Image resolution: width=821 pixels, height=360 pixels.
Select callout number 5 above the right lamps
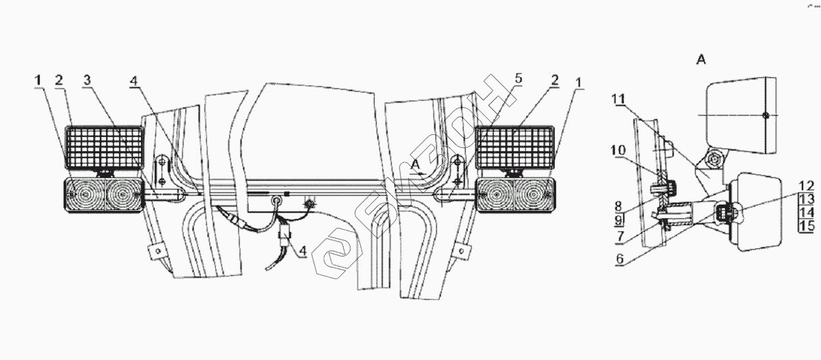[x=518, y=79]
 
